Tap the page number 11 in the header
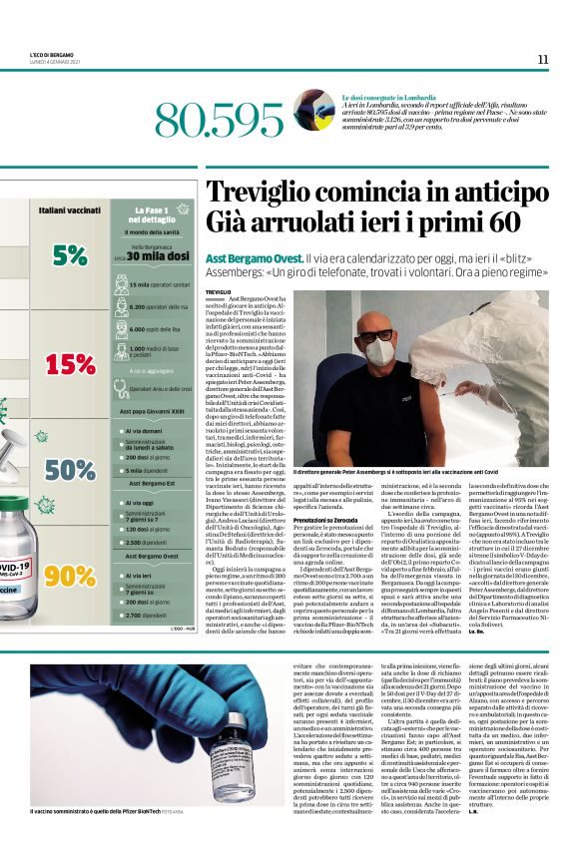click(542, 59)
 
